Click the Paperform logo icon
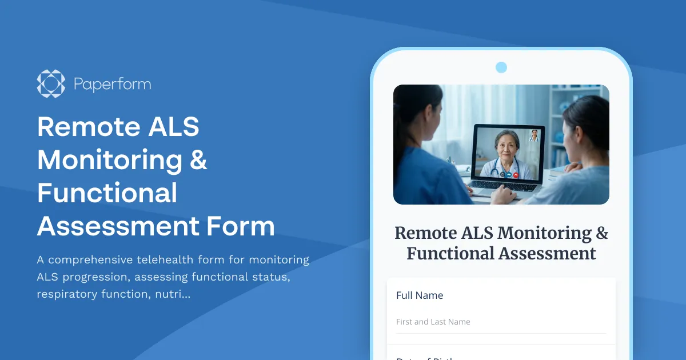(x=51, y=84)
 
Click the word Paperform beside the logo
(x=112, y=85)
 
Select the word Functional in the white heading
(x=107, y=193)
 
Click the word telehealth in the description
(x=165, y=259)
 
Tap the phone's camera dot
(x=501, y=67)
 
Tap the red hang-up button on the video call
(x=516, y=174)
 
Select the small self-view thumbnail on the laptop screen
(x=534, y=135)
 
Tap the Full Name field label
(x=420, y=295)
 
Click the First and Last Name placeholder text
(x=433, y=322)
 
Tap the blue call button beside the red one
(x=508, y=174)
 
